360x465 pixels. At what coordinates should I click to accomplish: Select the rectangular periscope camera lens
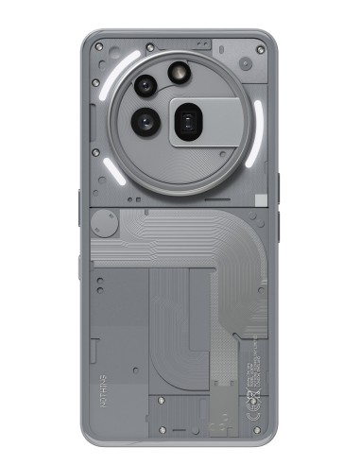pyautogui.click(x=188, y=120)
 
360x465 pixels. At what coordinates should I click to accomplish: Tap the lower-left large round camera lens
pyautogui.click(x=146, y=120)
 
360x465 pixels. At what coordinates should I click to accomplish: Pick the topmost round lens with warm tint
pyautogui.click(x=177, y=73)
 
